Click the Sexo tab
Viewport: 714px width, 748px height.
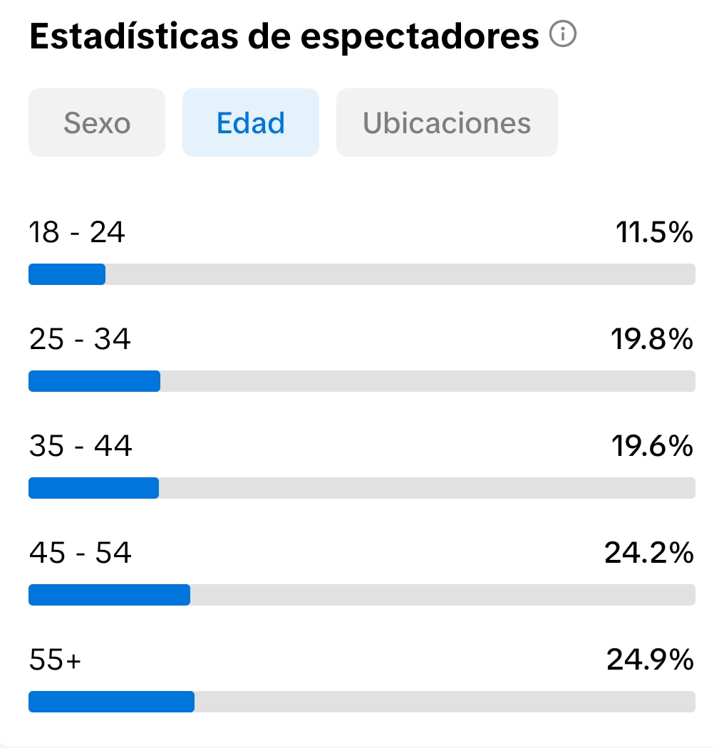point(97,123)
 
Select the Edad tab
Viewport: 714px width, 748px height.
point(251,123)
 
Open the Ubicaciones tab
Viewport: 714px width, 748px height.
point(447,123)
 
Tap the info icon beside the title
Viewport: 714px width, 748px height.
point(563,34)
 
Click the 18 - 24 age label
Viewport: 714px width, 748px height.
point(77,232)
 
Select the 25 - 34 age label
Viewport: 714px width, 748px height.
point(80,339)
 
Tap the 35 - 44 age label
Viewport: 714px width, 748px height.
point(81,446)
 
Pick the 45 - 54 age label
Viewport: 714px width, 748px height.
point(81,553)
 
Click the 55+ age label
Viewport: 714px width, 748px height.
point(56,660)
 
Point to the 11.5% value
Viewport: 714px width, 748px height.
point(654,232)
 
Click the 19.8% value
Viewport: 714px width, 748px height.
point(651,339)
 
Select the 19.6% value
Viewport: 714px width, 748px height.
point(651,446)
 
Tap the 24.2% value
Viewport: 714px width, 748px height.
point(648,553)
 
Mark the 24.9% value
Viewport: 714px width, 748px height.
point(650,660)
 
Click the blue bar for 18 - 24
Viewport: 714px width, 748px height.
point(67,274)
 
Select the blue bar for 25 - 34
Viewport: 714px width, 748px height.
point(94,381)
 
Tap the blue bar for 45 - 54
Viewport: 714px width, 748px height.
point(109,595)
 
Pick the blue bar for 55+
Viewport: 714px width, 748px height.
point(111,702)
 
